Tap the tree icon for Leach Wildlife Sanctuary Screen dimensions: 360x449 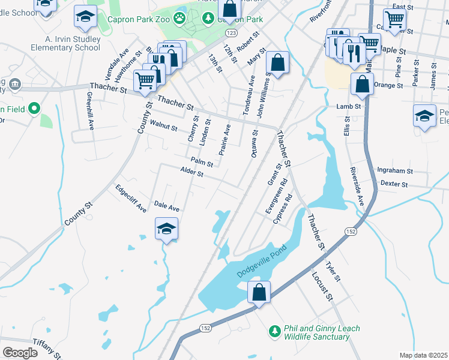[274, 331]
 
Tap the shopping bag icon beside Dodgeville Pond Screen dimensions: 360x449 [259, 293]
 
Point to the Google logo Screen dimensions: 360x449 [20, 353]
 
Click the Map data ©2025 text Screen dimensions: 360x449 [423, 355]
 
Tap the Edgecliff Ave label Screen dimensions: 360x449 [131, 199]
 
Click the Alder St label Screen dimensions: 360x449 [192, 173]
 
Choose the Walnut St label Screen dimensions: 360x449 [163, 127]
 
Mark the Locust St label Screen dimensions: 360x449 [322, 286]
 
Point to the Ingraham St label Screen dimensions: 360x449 [396, 171]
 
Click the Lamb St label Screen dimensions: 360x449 [348, 106]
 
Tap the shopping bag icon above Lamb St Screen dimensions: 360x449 [363, 85]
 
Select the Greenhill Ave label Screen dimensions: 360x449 [90, 111]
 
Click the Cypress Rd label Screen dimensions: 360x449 [282, 209]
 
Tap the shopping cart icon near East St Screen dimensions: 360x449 [394, 19]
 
